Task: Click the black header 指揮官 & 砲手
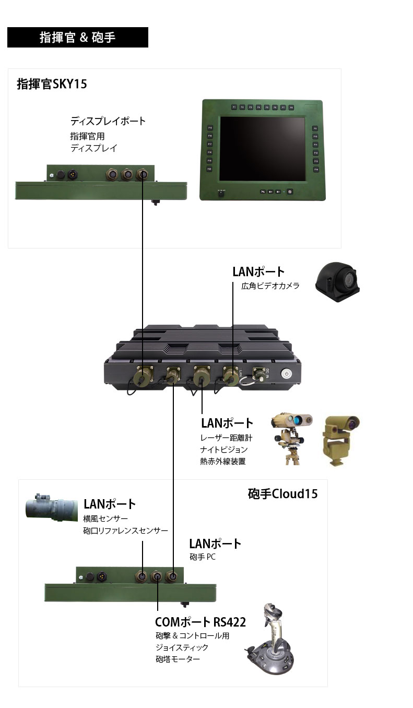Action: click(77, 38)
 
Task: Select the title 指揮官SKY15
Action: click(52, 84)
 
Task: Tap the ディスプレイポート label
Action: click(108, 121)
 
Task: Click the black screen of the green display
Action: click(262, 149)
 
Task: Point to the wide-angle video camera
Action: click(337, 283)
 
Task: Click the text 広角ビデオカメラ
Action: click(270, 286)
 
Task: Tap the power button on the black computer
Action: click(286, 374)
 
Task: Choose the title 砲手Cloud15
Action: click(282, 493)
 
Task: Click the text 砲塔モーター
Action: click(178, 659)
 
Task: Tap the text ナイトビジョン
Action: click(223, 449)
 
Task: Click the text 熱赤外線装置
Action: click(223, 461)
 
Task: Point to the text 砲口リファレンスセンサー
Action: click(125, 530)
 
